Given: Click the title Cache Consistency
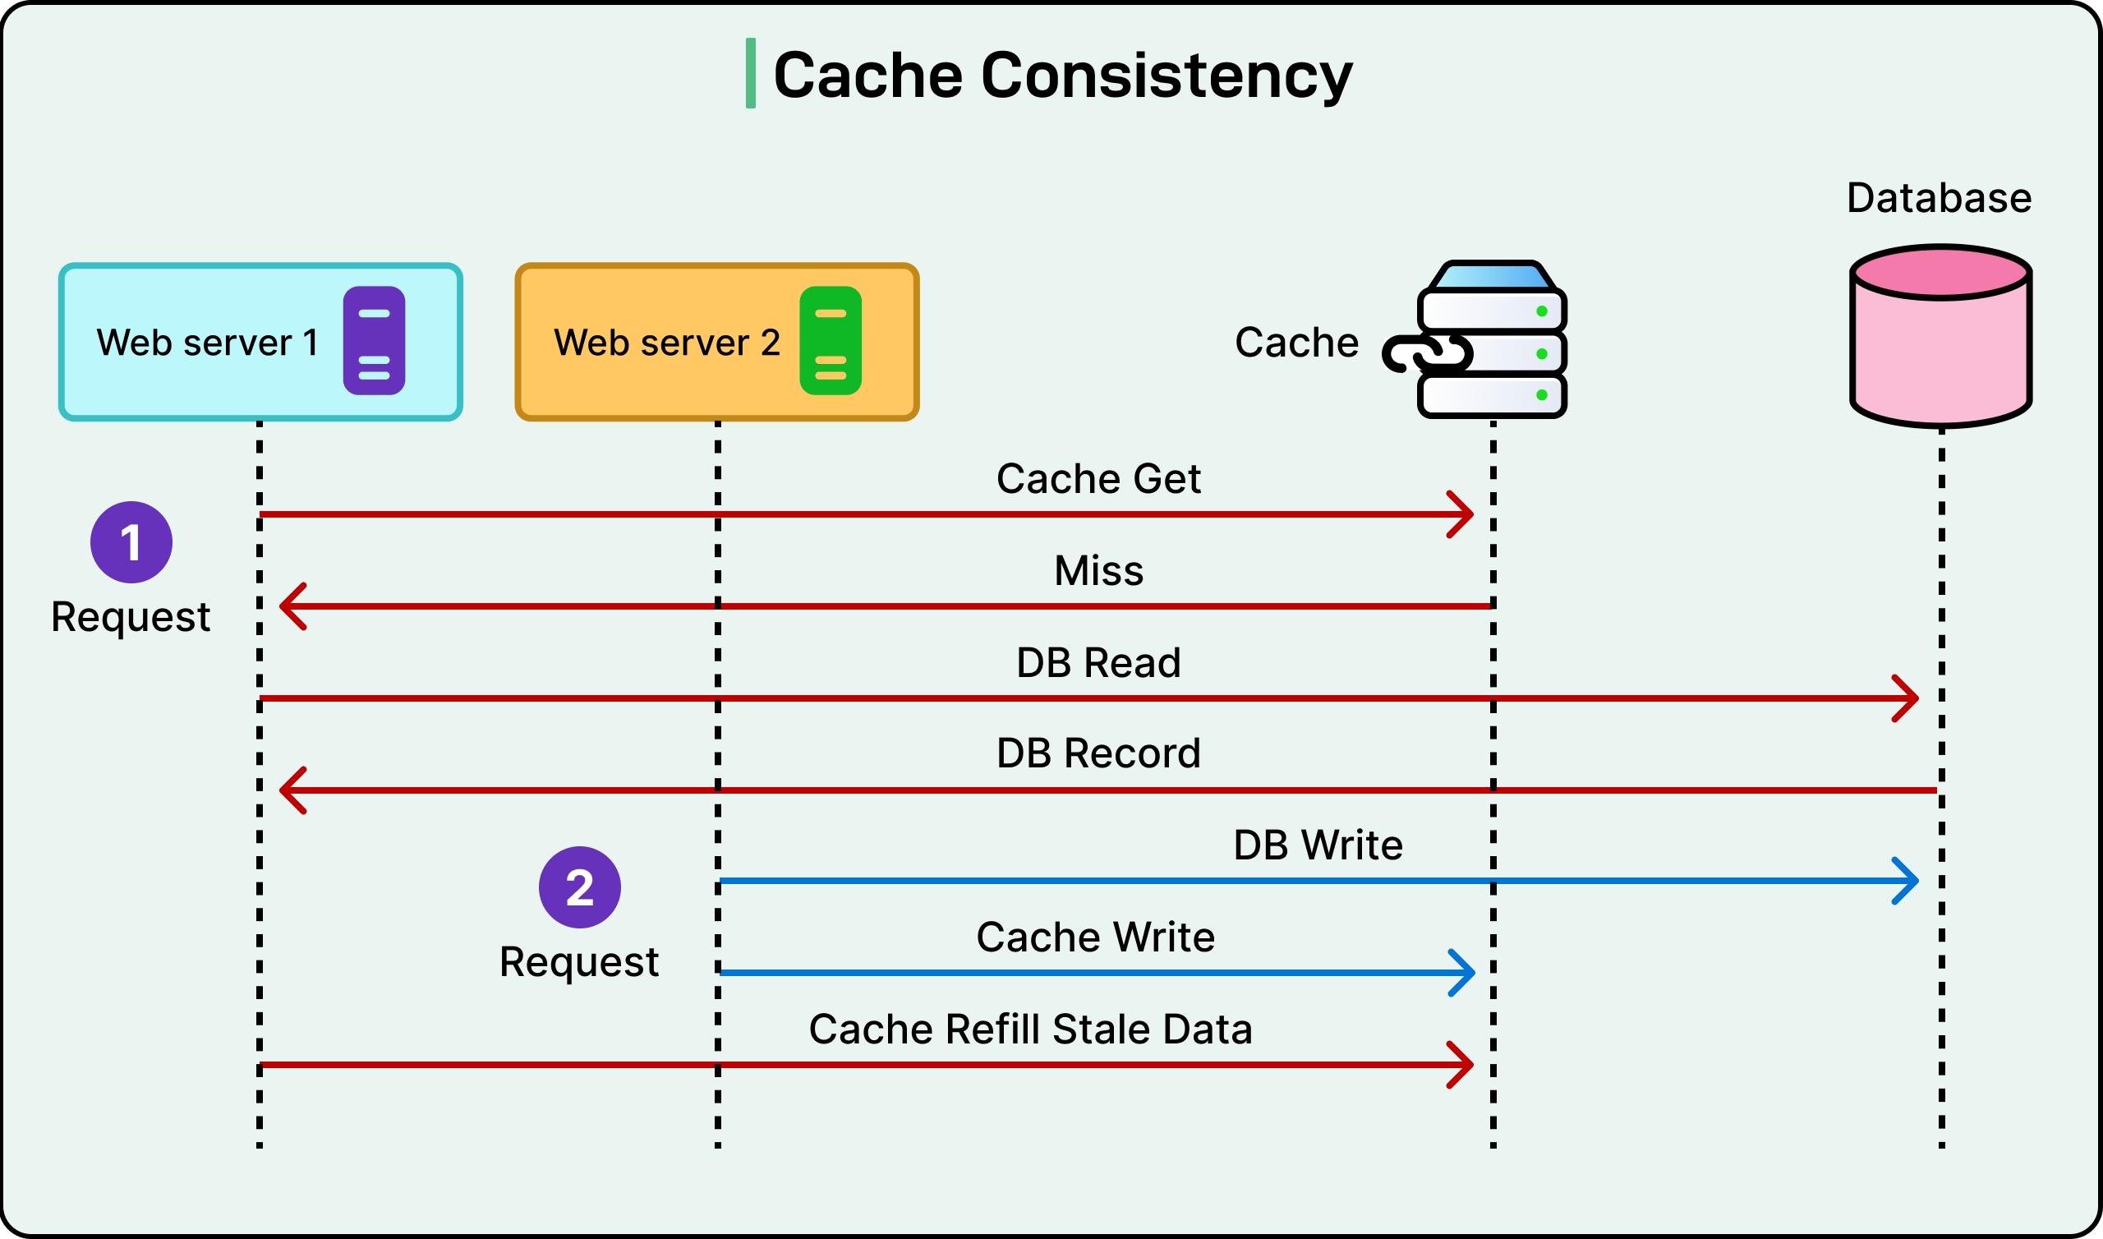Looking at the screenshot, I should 1061,75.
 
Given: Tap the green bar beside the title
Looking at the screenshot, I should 750,72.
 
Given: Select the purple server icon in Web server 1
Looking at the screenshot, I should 374,341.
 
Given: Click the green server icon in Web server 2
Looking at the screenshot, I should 831,341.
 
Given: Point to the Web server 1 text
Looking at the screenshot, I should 207,343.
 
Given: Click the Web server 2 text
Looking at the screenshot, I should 667,343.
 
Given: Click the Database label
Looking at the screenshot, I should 1939,198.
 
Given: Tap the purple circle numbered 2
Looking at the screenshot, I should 579,887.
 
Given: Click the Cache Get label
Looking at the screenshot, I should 1098,479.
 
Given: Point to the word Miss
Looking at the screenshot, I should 1098,571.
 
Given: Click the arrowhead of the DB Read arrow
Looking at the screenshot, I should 1909,699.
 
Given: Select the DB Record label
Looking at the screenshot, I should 1098,754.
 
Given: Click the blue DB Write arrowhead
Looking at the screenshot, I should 1909,881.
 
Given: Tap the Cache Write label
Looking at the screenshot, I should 1095,937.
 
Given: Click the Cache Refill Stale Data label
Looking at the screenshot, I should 1031,1029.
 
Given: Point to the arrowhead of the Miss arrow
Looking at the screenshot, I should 290,607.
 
